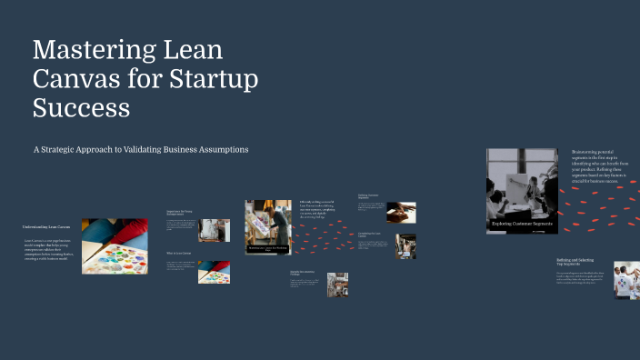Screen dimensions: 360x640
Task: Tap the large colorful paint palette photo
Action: tap(115, 245)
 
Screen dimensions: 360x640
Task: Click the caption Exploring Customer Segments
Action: tap(521, 223)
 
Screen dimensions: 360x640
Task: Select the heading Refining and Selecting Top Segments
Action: tap(575, 262)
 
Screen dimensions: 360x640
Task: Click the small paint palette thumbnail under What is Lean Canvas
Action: tap(214, 272)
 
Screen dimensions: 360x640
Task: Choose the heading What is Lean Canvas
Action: tap(178, 254)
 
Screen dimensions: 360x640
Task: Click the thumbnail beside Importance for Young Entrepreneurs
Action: tap(215, 230)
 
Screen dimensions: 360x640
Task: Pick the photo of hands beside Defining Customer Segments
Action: tap(401, 212)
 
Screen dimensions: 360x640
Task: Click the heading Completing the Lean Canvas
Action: tap(373, 235)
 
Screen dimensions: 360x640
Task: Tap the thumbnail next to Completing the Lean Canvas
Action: tap(406, 246)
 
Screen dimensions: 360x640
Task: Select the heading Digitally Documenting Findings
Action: tap(303, 273)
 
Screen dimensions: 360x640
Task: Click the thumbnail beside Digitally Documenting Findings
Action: tap(337, 285)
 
